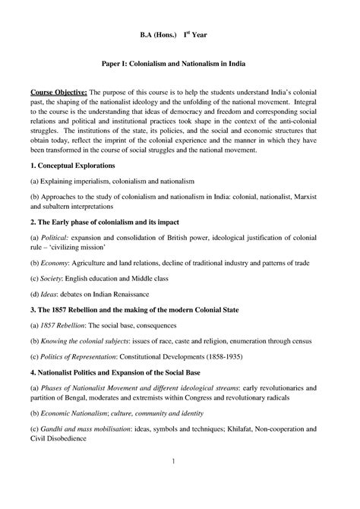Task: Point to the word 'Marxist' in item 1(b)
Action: pyautogui.click(x=314, y=195)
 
